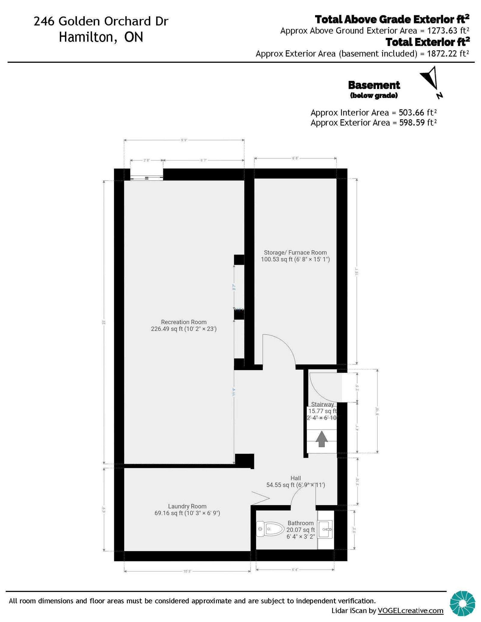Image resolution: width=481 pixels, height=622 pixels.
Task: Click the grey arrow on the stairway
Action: (x=321, y=439)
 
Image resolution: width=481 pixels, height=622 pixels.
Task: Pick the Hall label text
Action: (x=296, y=478)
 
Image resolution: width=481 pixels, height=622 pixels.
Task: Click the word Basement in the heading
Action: (x=374, y=85)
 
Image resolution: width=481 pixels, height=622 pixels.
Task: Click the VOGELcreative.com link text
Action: (x=410, y=611)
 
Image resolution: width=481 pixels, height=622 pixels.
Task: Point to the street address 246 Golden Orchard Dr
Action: (x=101, y=21)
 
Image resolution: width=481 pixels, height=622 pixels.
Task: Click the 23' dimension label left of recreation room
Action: (x=104, y=322)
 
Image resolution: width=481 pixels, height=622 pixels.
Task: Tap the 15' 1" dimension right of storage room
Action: (x=357, y=272)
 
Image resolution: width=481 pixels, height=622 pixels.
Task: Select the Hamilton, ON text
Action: (x=101, y=37)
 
